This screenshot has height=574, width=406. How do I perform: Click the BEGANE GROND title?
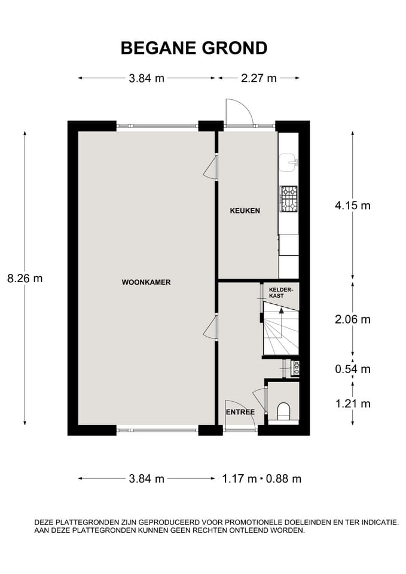point(194,48)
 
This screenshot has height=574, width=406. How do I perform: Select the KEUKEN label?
point(245,210)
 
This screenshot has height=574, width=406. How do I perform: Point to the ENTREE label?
point(240,412)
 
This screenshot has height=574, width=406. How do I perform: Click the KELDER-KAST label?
point(281,292)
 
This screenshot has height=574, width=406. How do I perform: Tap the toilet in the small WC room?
point(284,411)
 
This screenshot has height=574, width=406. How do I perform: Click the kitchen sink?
point(289,162)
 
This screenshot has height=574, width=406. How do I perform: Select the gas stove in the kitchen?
point(288,199)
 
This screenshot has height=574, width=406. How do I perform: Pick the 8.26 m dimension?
point(25,279)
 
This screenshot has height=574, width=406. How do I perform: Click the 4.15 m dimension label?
point(353,205)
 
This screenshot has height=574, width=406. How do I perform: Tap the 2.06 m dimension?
point(353,319)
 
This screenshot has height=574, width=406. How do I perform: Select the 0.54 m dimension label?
point(353,369)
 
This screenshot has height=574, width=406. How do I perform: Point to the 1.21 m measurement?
point(353,404)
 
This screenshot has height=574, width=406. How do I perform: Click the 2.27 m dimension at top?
point(259,78)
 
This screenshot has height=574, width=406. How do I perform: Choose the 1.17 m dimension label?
point(239,478)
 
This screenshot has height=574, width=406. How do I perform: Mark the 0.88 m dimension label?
point(283,478)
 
